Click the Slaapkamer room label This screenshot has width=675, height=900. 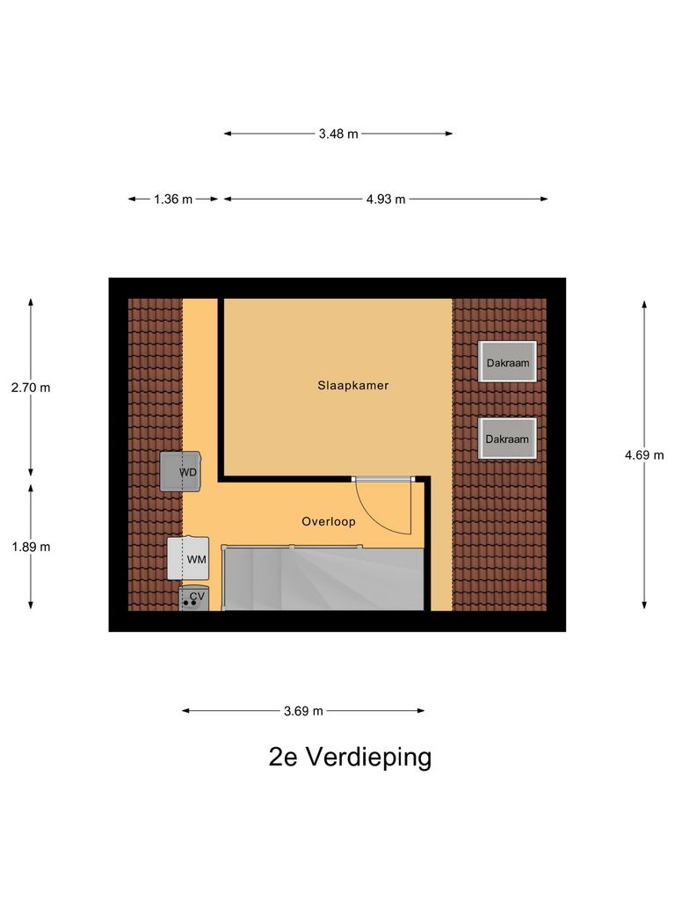click(353, 385)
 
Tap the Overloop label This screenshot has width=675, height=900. click(328, 521)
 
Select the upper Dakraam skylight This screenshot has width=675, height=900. click(508, 361)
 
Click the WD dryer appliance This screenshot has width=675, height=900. click(181, 471)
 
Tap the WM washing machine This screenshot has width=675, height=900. click(189, 558)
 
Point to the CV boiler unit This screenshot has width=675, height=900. click(194, 598)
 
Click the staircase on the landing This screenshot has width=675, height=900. click(323, 577)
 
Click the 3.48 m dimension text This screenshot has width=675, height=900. click(338, 134)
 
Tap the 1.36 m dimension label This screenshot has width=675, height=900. click(173, 199)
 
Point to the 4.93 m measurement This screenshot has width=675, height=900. click(386, 199)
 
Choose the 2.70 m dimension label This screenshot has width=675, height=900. click(31, 387)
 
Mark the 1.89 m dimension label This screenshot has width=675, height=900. click(31, 546)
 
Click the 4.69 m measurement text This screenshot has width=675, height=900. click(644, 454)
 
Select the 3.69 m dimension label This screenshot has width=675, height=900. click(303, 711)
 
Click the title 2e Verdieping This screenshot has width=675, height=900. click(350, 758)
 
